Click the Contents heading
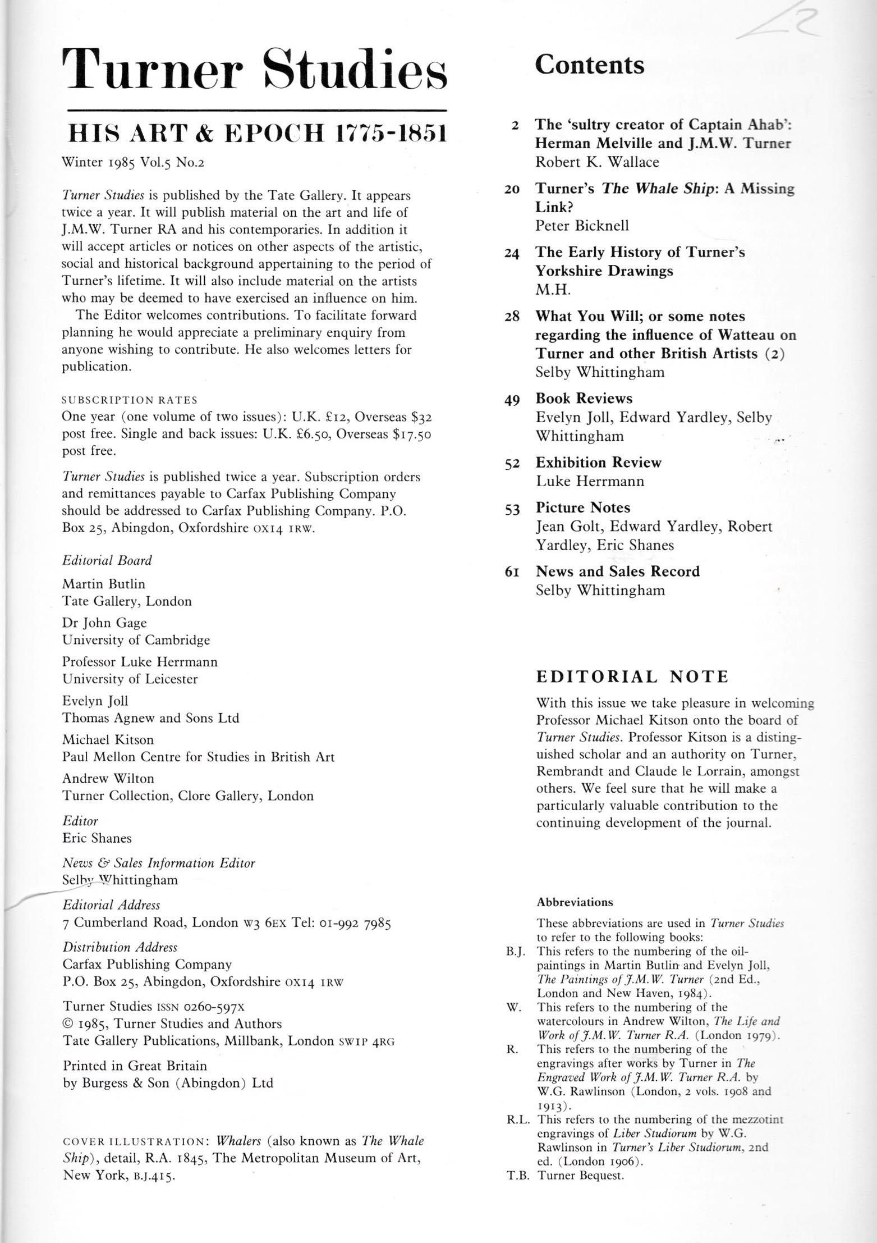pos(589,65)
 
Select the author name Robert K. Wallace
pos(597,162)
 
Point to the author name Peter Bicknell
pos(582,226)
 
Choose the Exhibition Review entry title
pos(598,463)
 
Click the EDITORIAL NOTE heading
pos(632,677)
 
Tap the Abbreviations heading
pos(575,902)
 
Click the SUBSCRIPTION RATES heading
pos(130,400)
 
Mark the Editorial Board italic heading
pos(107,560)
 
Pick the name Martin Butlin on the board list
pos(103,584)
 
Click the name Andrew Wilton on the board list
pos(108,778)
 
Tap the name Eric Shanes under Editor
pos(97,838)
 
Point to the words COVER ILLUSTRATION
pos(135,1141)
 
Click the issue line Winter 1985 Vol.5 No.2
pos(134,163)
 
